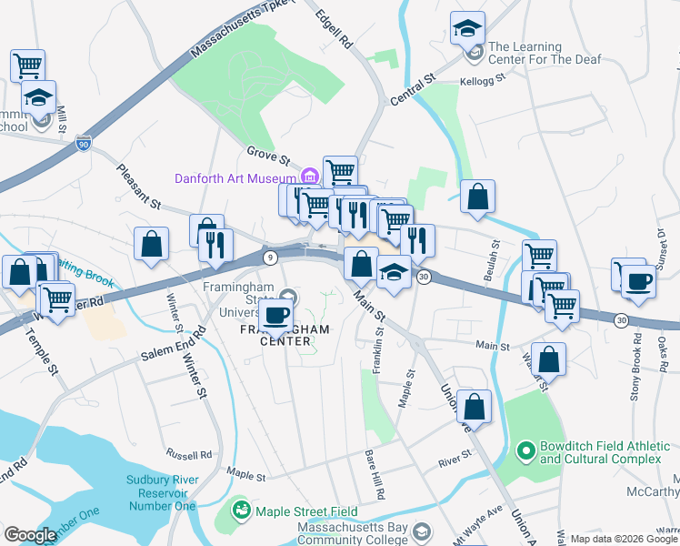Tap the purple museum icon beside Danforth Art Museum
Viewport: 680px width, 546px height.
pyautogui.click(x=309, y=176)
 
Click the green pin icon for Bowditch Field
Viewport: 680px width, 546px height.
pyautogui.click(x=525, y=450)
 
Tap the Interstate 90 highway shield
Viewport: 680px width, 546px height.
pyautogui.click(x=83, y=144)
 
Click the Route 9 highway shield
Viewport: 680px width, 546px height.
pyautogui.click(x=269, y=258)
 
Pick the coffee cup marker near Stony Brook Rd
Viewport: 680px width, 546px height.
pyautogui.click(x=639, y=280)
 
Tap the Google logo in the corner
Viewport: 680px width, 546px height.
pyautogui.click(x=30, y=535)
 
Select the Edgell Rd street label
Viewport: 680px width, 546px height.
pyautogui.click(x=334, y=29)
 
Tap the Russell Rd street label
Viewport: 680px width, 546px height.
pyautogui.click(x=188, y=453)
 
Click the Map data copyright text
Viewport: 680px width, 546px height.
pyautogui.click(x=624, y=539)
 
